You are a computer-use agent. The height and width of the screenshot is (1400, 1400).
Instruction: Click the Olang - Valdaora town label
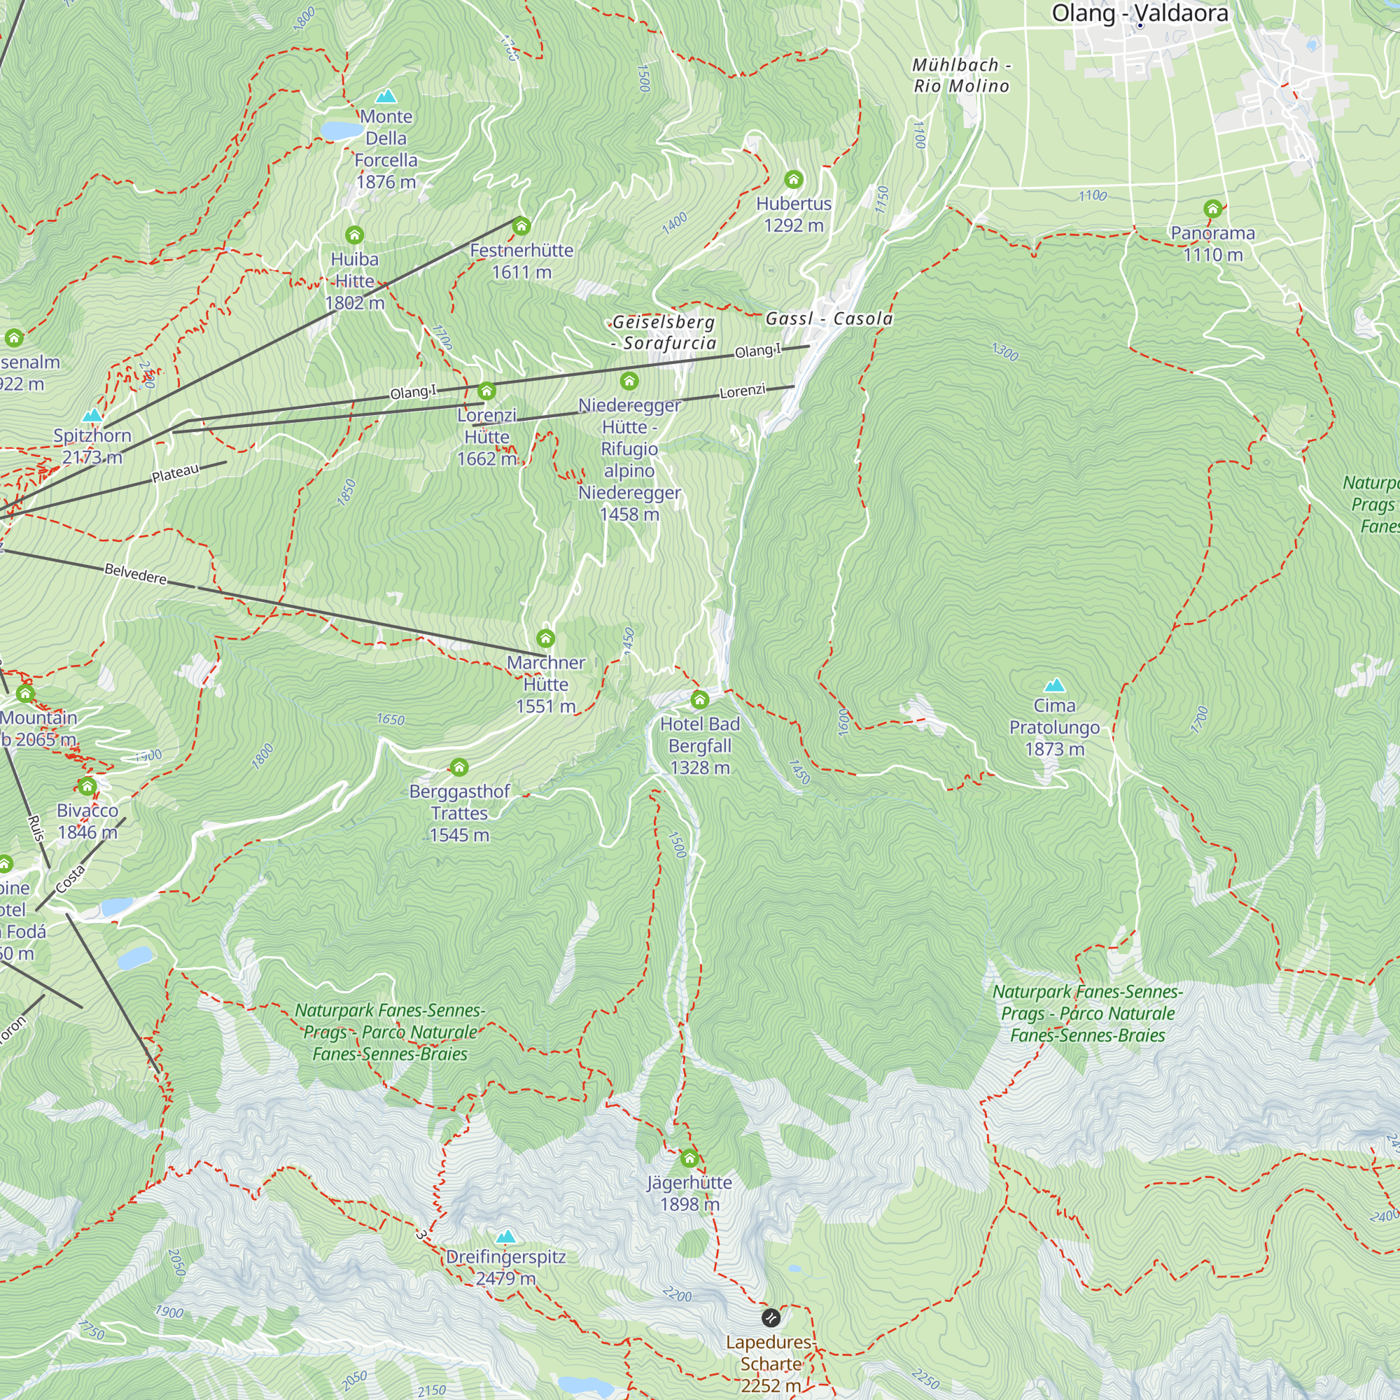[x=1139, y=13]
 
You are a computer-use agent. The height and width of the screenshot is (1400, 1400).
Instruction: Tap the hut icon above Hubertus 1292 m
[x=794, y=179]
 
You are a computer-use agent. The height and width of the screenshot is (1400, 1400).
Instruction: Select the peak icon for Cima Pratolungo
[x=1054, y=685]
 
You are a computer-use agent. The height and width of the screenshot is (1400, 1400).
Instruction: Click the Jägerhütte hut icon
[x=689, y=1158]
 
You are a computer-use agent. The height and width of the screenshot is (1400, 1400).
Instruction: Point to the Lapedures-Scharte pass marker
[x=771, y=1317]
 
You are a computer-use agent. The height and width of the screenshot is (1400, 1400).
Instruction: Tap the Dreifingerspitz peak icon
[x=506, y=1236]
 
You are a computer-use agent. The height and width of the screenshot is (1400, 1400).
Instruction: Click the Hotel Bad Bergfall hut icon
[x=699, y=699]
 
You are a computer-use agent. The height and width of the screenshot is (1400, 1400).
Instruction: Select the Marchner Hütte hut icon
[x=546, y=638]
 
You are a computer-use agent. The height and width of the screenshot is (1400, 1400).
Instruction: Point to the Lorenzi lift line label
[x=742, y=391]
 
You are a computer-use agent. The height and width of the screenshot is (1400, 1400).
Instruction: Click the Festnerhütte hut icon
[x=521, y=226]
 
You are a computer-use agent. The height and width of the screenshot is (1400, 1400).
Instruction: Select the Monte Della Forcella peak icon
[x=386, y=96]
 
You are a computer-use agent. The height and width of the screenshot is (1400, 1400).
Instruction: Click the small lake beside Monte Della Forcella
[x=342, y=129]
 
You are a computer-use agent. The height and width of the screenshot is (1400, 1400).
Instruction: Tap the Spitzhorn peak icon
[x=92, y=415]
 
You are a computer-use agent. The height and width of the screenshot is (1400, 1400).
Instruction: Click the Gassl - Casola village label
[x=829, y=318]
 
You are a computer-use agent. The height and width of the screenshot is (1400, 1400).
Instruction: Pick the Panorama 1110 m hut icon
[x=1212, y=209]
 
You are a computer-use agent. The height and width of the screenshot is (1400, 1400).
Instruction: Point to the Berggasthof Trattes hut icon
[x=458, y=766]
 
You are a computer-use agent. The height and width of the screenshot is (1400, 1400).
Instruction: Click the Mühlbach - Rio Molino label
[x=961, y=76]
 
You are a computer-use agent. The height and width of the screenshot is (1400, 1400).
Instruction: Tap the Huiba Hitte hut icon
[x=353, y=234]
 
